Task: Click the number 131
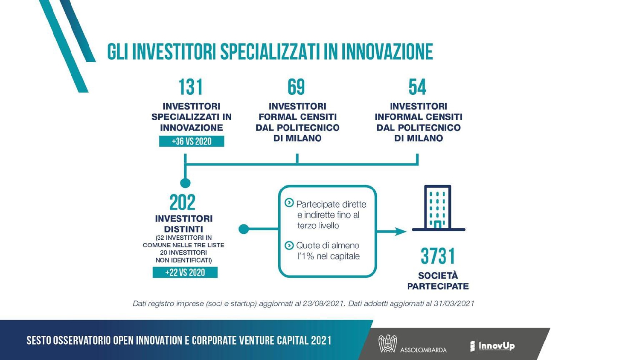coord(191,87)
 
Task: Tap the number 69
coord(296,87)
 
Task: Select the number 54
coord(417,87)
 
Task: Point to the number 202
coord(182,202)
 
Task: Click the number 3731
coord(438,256)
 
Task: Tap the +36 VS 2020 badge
coord(192,141)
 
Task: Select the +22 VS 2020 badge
coord(185,272)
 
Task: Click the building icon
coord(438,208)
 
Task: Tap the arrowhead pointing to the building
coord(400,231)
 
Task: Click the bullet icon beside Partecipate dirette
coord(289,203)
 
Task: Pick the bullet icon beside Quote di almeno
coord(289,245)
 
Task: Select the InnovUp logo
coord(492,346)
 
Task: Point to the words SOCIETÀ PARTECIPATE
coord(438,281)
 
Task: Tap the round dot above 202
coord(185,183)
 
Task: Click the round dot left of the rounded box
coord(244,229)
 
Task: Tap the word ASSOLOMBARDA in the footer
coord(423,350)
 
